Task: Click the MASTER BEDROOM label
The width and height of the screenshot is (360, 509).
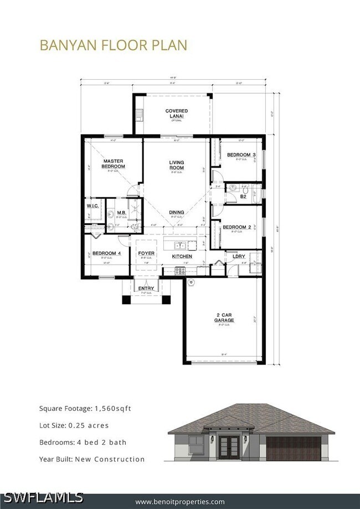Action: pyautogui.click(x=114, y=164)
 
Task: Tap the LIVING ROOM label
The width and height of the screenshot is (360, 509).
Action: pyautogui.click(x=176, y=165)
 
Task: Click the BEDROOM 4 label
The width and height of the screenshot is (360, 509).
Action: pyautogui.click(x=106, y=253)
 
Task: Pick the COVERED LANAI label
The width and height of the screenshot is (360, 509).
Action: pyautogui.click(x=176, y=114)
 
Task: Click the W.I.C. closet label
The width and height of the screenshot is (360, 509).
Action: pyautogui.click(x=92, y=206)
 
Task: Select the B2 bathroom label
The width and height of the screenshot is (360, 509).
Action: pyautogui.click(x=243, y=196)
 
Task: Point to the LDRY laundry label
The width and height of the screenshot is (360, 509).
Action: pyautogui.click(x=239, y=256)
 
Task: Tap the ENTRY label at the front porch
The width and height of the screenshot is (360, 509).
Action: pyautogui.click(x=146, y=289)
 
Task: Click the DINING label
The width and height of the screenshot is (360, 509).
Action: pyautogui.click(x=177, y=212)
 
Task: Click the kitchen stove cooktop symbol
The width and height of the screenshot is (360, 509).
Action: pyautogui.click(x=180, y=271)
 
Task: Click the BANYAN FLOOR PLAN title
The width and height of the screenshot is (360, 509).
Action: pyautogui.click(x=113, y=45)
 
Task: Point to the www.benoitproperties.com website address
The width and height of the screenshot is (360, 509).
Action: pyautogui.click(x=180, y=501)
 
